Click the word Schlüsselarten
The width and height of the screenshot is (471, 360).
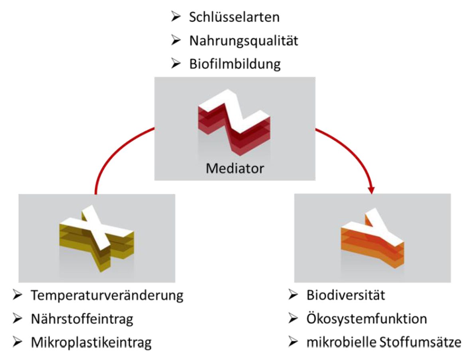pyautogui.click(x=234, y=17)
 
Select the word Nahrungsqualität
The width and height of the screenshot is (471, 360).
pyautogui.click(x=244, y=41)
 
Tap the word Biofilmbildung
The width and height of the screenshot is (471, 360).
pyautogui.click(x=235, y=64)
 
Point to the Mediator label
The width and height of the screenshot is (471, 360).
pyautogui.click(x=235, y=169)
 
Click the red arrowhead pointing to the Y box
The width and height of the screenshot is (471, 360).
pyautogui.click(x=372, y=190)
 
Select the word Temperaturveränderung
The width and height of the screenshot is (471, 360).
pyautogui.click(x=107, y=295)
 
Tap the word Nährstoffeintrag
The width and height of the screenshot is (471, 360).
pyautogui.click(x=82, y=319)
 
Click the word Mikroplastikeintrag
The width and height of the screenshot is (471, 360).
pyautogui.click(x=91, y=342)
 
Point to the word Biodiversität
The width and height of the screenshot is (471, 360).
pyautogui.click(x=345, y=295)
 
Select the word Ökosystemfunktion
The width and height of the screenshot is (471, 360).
pyautogui.click(x=367, y=319)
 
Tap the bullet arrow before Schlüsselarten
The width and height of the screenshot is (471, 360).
pyautogui.click(x=176, y=17)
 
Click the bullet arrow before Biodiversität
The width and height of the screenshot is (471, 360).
pyautogui.click(x=293, y=295)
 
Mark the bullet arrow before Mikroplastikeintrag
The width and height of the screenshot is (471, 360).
pyautogui.click(x=18, y=342)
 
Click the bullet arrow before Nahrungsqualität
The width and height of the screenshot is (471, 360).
pyautogui.click(x=176, y=41)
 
